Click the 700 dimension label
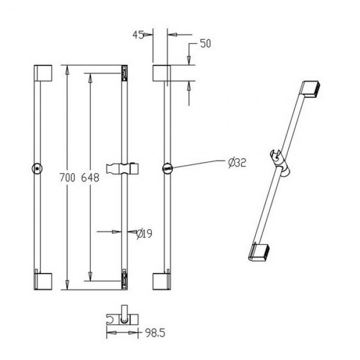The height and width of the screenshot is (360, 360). [x=67, y=178]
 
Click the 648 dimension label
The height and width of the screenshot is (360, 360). [x=90, y=178]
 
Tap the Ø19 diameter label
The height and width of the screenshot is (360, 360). [x=145, y=234]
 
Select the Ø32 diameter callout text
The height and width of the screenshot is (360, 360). [x=237, y=163]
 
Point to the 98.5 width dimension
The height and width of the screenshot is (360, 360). [x=155, y=333]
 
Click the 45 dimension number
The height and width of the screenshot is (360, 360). [x=138, y=35]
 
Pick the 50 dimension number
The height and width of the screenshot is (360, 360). [x=206, y=43]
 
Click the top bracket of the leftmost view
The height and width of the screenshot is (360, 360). [x=43, y=73]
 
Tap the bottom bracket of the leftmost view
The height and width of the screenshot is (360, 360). [x=43, y=281]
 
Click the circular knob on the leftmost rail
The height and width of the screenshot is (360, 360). [x=37, y=169]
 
